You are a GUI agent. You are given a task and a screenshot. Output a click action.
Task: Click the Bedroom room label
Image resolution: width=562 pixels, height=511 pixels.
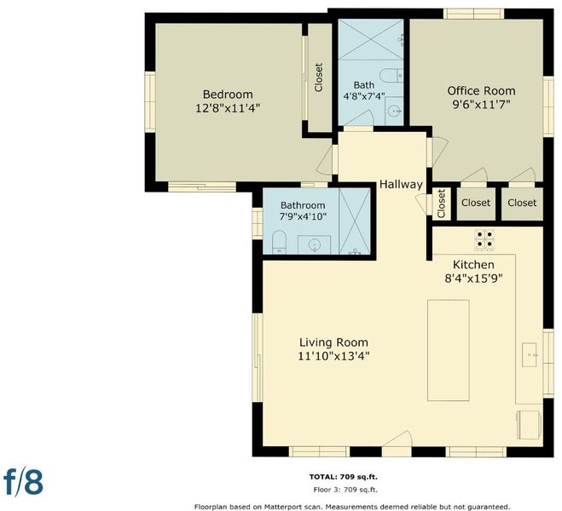click(x=228, y=95)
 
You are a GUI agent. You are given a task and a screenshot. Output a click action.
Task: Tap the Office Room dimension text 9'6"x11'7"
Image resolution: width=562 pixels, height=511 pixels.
click(x=481, y=105)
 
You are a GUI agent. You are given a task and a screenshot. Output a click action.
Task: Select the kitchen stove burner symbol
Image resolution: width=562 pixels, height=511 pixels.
click(x=484, y=240)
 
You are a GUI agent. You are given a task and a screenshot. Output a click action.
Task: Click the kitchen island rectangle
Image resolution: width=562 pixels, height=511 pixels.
click(x=449, y=350)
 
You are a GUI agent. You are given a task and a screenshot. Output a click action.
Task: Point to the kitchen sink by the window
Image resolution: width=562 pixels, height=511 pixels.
click(x=530, y=354)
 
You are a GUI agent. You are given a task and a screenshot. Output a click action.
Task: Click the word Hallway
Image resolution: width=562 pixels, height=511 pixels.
click(x=401, y=185)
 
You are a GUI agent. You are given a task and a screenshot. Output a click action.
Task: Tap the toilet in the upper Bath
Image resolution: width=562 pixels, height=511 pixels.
click(x=391, y=75)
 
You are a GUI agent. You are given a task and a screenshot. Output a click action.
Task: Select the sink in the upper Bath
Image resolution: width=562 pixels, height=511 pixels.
click(x=394, y=111)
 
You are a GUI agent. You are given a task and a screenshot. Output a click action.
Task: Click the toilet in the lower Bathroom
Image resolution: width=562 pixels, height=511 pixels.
click(x=279, y=242)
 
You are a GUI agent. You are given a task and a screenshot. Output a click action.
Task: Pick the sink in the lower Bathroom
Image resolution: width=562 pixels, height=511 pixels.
click(x=315, y=244)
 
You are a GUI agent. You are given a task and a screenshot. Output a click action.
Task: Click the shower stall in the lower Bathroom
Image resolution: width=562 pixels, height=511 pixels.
click(x=355, y=221)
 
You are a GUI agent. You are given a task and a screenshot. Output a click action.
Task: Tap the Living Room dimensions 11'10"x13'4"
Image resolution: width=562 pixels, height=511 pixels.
click(x=333, y=356)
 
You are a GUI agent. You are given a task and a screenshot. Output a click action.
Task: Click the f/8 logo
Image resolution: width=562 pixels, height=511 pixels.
click(x=23, y=482)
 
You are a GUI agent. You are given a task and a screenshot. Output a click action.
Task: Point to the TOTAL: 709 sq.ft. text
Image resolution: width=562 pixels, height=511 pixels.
click(x=344, y=477)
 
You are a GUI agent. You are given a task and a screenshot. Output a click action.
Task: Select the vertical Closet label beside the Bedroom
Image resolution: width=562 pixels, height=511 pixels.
click(x=319, y=78)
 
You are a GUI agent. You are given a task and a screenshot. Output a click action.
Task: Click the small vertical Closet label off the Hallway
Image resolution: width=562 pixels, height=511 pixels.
click(x=441, y=204)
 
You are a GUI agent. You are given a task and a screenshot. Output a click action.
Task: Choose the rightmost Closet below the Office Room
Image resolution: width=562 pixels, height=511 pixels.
click(x=522, y=203)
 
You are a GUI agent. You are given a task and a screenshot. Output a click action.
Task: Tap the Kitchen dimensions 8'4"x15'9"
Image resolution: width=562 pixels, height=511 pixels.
click(x=473, y=278)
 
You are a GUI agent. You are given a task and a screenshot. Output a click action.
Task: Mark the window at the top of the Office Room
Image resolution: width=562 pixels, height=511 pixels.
click(x=474, y=14)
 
